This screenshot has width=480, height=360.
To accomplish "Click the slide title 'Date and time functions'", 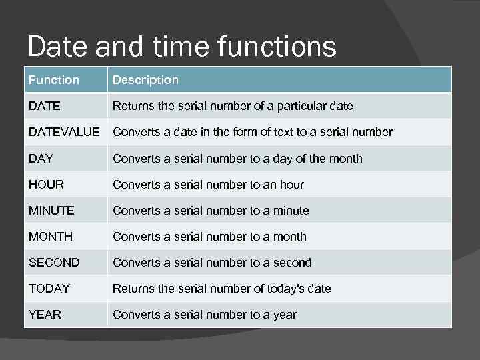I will pos(182,47).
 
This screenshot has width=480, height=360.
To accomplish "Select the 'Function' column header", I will pos(54,80).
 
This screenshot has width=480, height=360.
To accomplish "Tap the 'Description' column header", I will pos(145,80).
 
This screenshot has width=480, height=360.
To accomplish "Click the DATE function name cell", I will pos(45,106).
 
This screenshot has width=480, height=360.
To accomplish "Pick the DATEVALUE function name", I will pos(64,132).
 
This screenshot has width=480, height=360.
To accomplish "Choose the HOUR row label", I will pos(46,185).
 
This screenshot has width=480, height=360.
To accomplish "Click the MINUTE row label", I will pos(51,211).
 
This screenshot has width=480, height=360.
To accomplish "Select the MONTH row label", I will pos(51,237).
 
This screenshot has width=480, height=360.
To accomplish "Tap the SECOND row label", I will pos(54,263).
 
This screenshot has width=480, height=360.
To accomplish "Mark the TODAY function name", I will pos(49,289).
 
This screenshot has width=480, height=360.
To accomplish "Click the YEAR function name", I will pos(45,315).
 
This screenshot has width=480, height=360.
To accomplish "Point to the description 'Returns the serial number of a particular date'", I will pos(233,106).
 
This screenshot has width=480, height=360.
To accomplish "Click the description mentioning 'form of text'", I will pos(253,132).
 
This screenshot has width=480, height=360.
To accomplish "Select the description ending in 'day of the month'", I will pos(237,159).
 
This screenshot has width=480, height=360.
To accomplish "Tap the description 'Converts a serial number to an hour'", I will pos(208,185).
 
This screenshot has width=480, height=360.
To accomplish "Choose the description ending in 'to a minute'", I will pos(211,211).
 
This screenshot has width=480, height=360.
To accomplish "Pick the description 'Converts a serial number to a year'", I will pos(205,315).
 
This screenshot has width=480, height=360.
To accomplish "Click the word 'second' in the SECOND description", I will pos(292,263).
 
